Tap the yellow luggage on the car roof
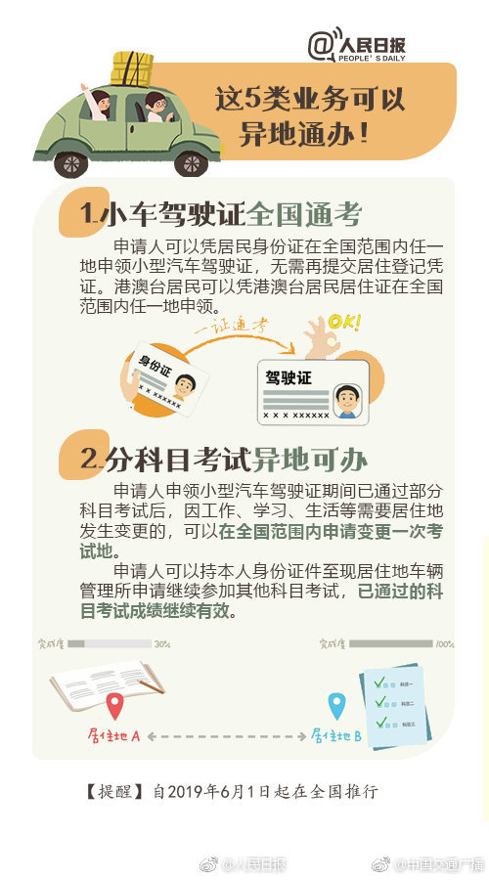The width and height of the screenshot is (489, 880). coord(132,68)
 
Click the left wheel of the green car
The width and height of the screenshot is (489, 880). coord(70,162)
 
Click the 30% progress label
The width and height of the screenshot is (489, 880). coord(162,644)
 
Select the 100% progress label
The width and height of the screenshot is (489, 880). coord(444,644)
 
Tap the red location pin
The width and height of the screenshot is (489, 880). coord(115,705)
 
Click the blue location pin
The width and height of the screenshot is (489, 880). coord(336,705)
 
